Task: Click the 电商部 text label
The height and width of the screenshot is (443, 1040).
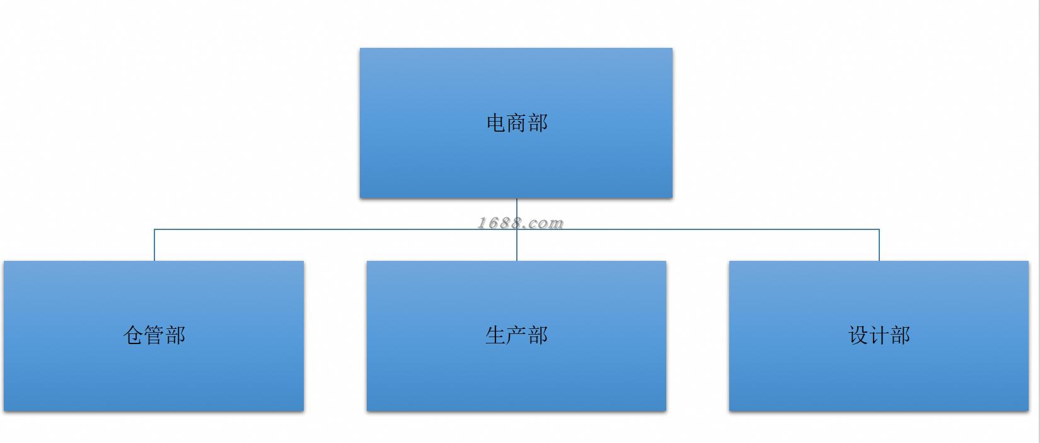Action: point(517,123)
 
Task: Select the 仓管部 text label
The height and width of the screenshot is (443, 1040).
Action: point(154,335)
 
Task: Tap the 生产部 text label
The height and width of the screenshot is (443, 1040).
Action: point(516,335)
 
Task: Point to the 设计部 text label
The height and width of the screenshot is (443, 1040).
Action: point(879,335)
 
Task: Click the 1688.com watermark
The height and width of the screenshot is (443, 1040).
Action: point(520,222)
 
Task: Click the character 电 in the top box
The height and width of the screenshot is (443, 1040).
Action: point(496,123)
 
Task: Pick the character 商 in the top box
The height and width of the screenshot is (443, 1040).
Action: point(517,123)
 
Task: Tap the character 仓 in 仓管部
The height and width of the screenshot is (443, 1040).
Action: point(134,335)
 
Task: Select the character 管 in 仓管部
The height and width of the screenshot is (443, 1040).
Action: point(154,335)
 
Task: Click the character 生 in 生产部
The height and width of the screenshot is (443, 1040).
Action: point(495,335)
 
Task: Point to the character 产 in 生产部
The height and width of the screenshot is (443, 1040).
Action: point(516,335)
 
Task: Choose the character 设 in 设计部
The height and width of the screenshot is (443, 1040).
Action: point(858,335)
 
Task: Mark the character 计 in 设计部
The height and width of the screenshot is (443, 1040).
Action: point(879,335)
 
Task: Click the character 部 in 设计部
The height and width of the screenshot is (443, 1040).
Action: point(900,335)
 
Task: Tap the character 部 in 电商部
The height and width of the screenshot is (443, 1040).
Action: point(538,123)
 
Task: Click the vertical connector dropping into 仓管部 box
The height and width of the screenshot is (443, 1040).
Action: point(154,246)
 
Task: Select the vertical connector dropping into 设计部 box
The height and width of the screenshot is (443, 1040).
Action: point(879,246)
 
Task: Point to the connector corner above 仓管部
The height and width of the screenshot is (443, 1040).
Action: point(154,229)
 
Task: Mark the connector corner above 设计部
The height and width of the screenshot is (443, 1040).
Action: point(879,229)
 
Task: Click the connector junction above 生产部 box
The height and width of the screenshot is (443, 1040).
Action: point(517,229)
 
